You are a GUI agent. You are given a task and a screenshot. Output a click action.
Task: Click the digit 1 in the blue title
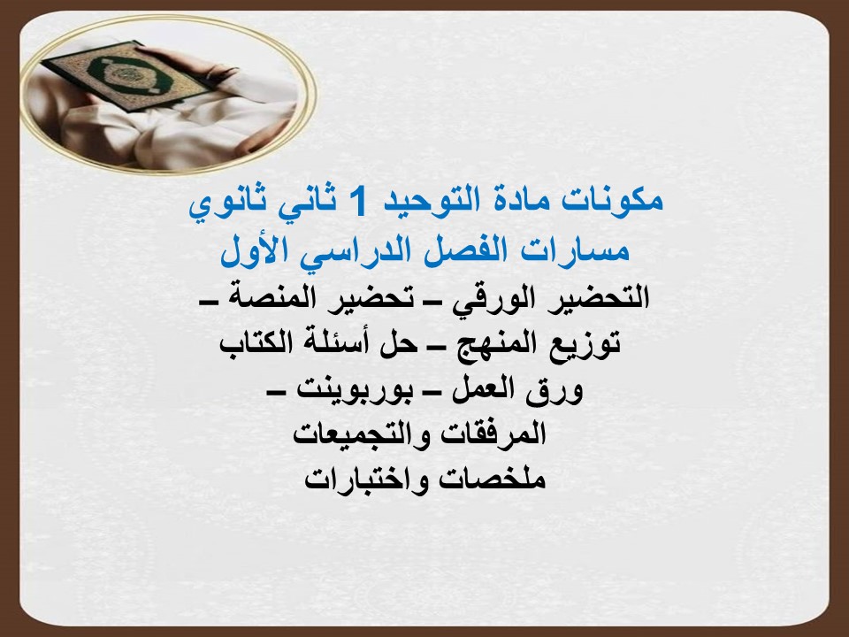(x=355, y=202)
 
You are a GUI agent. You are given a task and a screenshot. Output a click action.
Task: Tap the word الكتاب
(x=256, y=343)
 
